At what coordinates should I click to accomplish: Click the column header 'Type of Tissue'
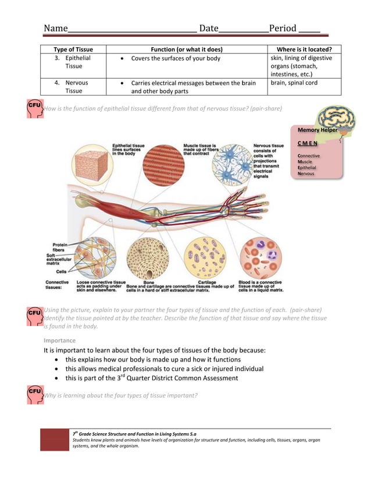(73, 49)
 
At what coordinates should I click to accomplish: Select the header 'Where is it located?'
(304, 49)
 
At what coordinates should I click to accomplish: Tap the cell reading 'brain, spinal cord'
(294, 83)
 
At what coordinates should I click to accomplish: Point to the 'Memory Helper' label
(318, 130)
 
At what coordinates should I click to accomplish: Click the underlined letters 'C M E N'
(308, 143)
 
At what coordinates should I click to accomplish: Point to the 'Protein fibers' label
(59, 247)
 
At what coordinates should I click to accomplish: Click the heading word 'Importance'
(59, 340)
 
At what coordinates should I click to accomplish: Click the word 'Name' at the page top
(56, 29)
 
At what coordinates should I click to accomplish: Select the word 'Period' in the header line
(283, 29)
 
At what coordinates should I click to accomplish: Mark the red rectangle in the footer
(54, 440)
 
